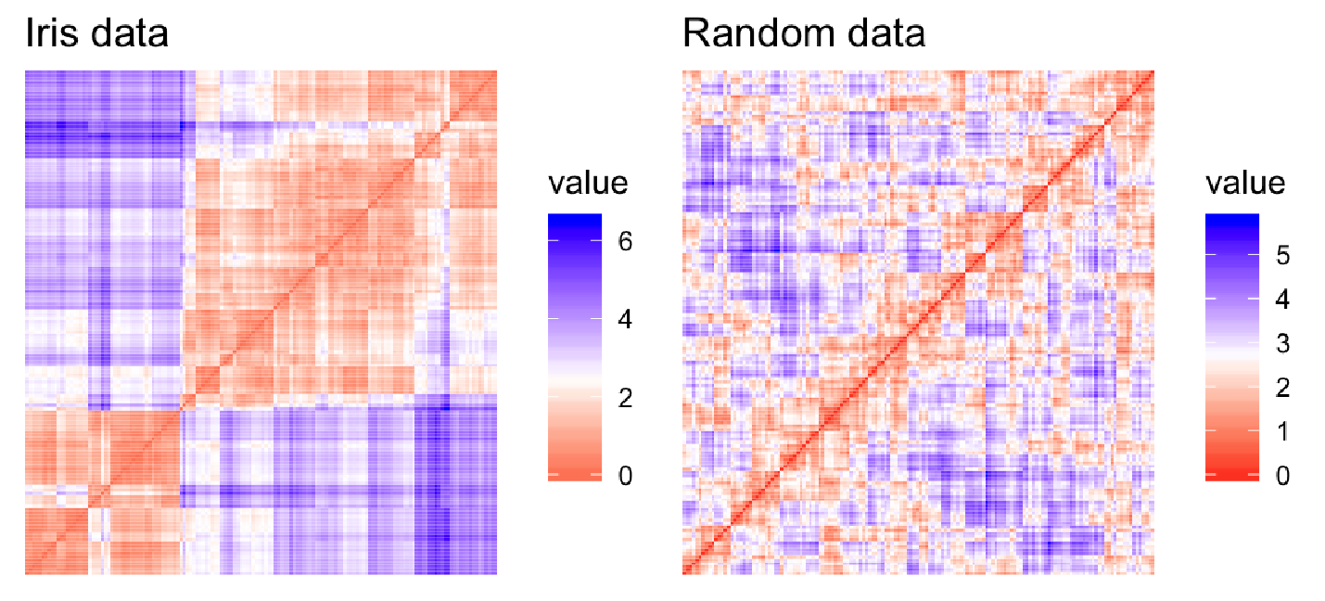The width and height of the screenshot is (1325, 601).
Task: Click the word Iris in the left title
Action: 47,34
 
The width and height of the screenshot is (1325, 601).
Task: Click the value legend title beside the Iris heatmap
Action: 587,183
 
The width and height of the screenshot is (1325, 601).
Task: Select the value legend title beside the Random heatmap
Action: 1245,183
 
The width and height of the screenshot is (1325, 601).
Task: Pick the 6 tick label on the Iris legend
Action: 626,243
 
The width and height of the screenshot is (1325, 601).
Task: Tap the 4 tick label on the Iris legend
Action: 626,321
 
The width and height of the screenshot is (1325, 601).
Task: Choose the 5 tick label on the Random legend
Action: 1283,257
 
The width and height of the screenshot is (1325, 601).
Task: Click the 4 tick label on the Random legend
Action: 1283,300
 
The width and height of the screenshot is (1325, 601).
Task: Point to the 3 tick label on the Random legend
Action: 1283,344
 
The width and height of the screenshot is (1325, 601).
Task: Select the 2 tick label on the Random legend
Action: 1283,389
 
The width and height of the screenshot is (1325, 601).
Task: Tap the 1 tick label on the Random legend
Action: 1283,432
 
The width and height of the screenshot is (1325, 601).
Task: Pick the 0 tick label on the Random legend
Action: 1283,476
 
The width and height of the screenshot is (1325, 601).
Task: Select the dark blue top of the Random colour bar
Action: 1231,221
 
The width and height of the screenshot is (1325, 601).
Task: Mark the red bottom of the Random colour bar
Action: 1231,474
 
